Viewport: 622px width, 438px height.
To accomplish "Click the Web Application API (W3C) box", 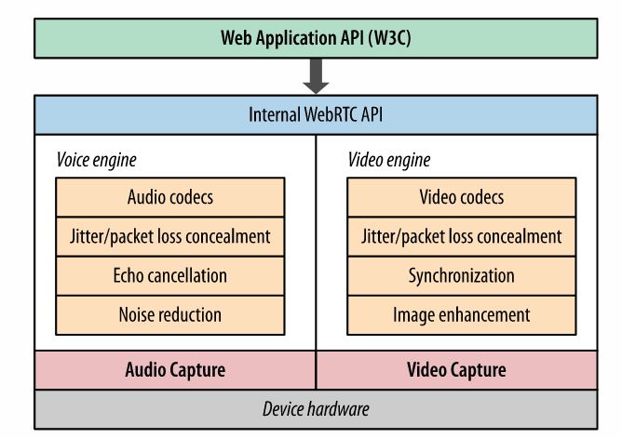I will pyautogui.click(x=318, y=38).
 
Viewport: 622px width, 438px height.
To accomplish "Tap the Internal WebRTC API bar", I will pyautogui.click(x=318, y=115).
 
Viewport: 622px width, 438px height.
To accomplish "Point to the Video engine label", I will pyautogui.click(x=389, y=159).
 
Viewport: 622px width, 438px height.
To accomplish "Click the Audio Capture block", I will pyautogui.click(x=175, y=369).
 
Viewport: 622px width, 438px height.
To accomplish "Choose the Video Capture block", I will pyautogui.click(x=457, y=369).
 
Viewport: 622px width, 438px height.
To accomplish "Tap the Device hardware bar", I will pyautogui.click(x=318, y=407).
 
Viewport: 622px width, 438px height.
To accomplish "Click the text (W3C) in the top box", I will pyautogui.click(x=389, y=38).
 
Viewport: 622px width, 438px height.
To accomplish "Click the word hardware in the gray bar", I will pyautogui.click(x=340, y=407).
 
